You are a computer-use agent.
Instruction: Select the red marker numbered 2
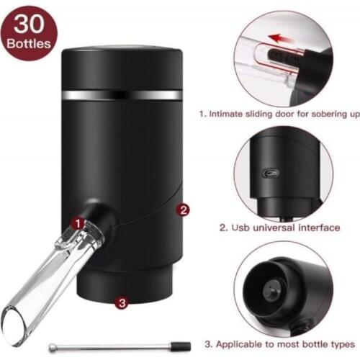[x=184, y=210]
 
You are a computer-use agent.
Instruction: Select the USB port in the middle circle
[x=271, y=174]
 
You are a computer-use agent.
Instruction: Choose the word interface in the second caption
[x=316, y=228]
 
